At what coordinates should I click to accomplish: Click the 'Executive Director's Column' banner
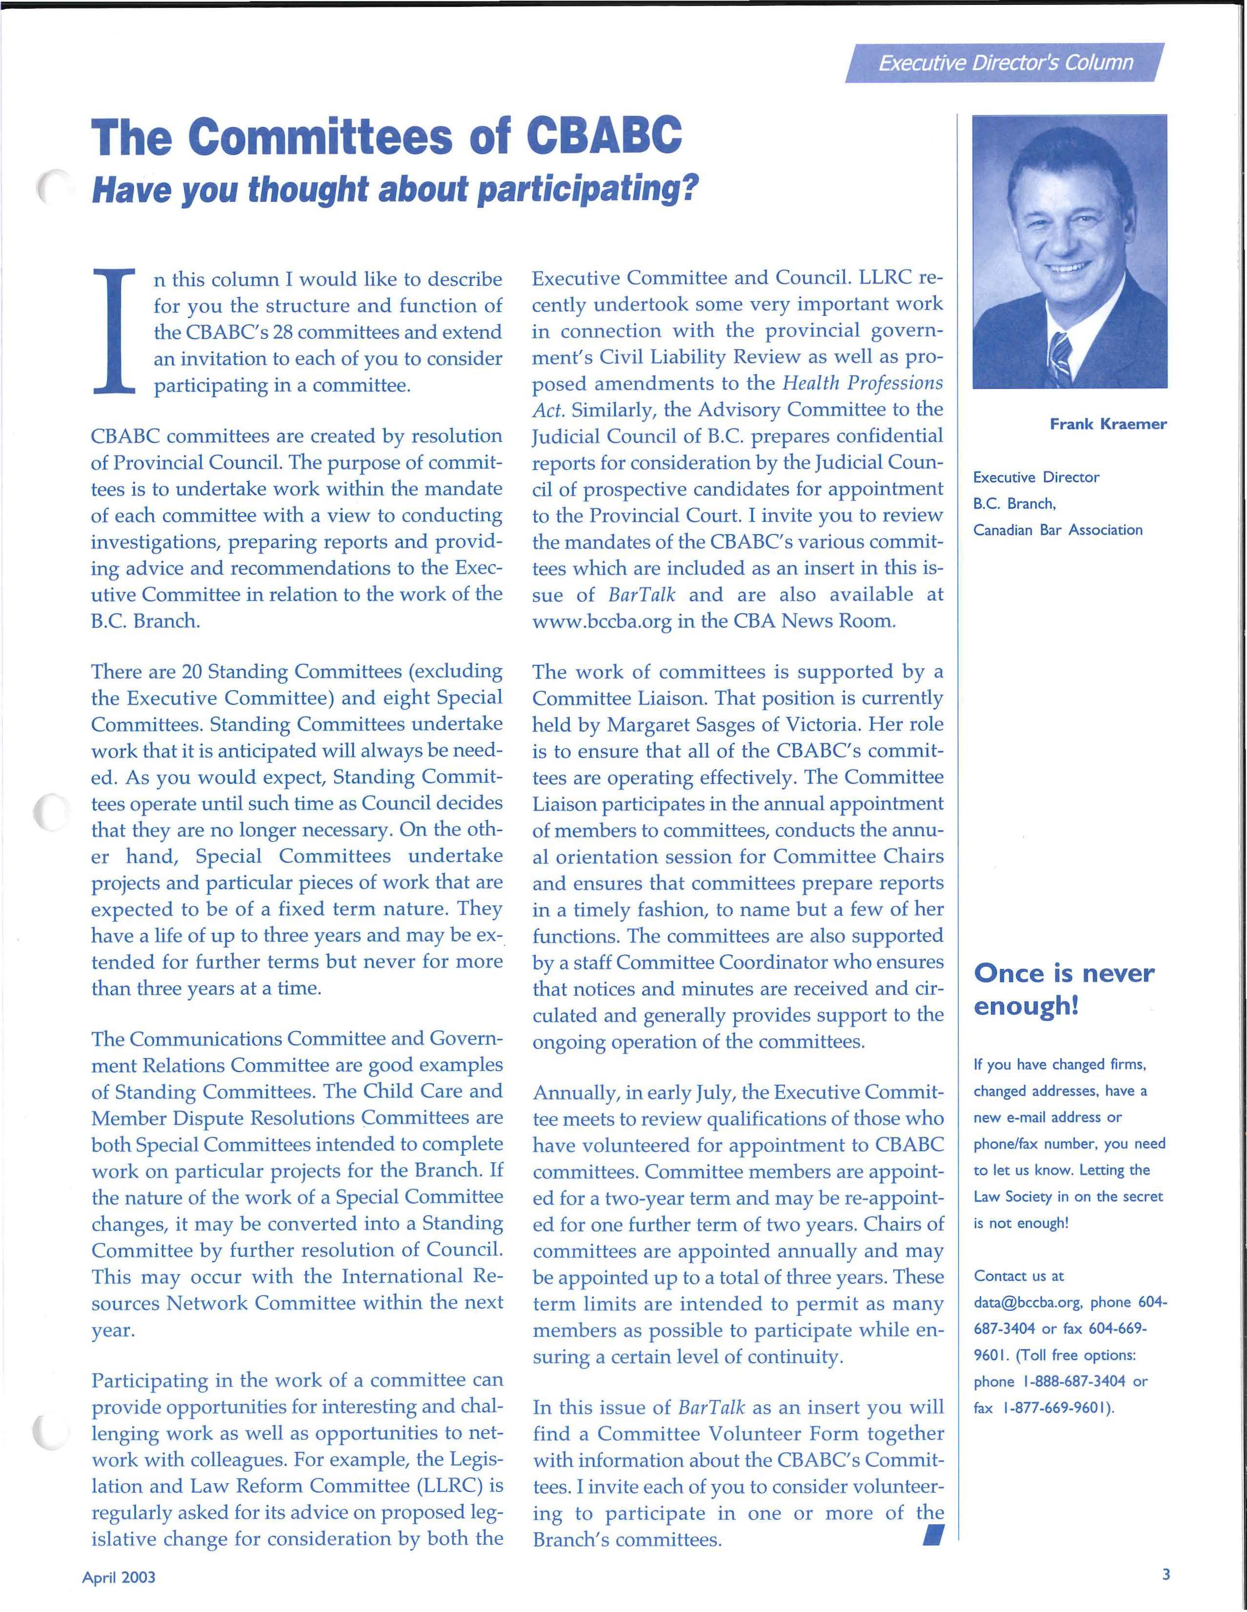(1005, 63)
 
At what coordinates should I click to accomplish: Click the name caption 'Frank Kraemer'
(1107, 424)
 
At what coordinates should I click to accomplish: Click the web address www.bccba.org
(602, 621)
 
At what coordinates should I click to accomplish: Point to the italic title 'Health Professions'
(862, 383)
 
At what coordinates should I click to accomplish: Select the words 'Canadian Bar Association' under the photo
(1057, 530)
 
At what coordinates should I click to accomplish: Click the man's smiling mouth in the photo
(1067, 269)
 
